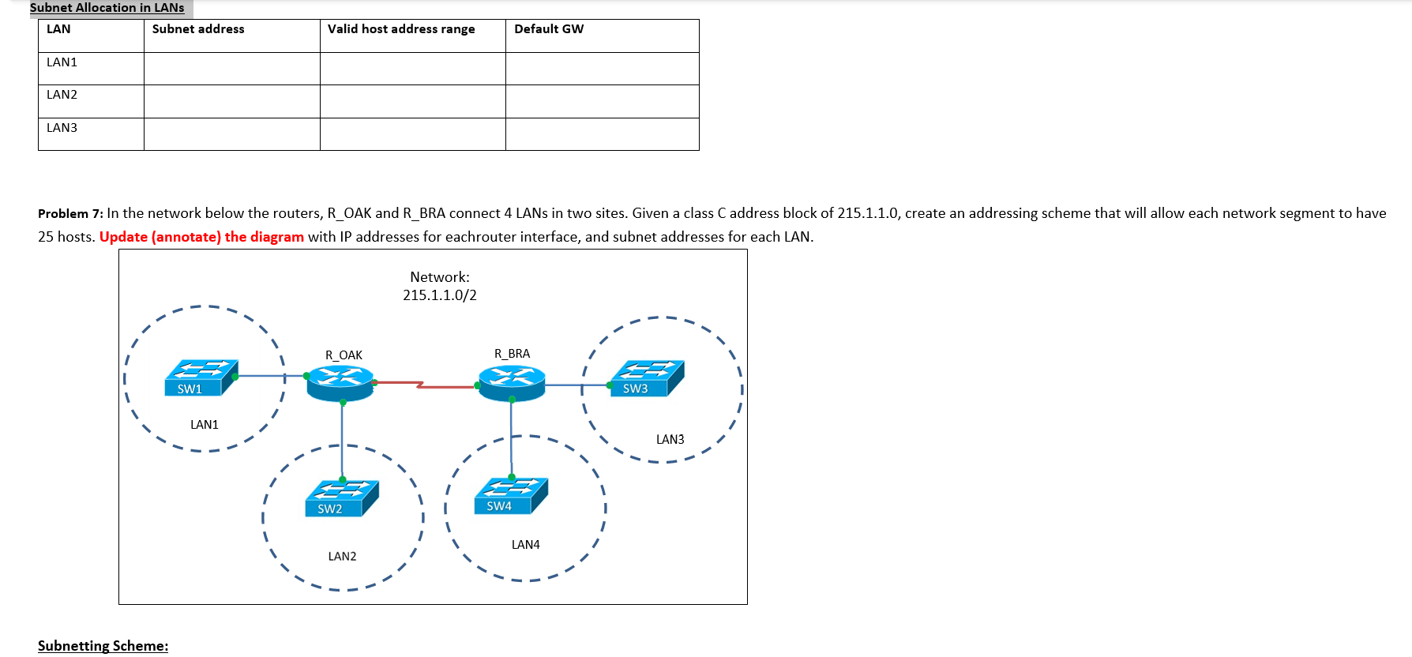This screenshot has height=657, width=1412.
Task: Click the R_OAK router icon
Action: pyautogui.click(x=340, y=382)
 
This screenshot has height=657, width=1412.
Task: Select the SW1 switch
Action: pyautogui.click(x=201, y=377)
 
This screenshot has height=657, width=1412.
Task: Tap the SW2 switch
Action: pyautogui.click(x=342, y=497)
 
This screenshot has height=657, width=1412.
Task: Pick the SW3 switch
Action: pyautogui.click(x=647, y=377)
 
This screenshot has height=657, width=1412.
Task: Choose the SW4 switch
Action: pyautogui.click(x=511, y=495)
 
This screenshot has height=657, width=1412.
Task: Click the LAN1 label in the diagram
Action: pyautogui.click(x=204, y=425)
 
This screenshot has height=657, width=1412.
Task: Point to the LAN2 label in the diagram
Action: pyautogui.click(x=342, y=557)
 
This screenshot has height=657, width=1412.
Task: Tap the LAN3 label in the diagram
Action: pyautogui.click(x=670, y=440)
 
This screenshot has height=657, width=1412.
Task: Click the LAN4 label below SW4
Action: pyautogui.click(x=525, y=545)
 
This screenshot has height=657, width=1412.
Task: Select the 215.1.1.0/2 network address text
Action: pyautogui.click(x=439, y=295)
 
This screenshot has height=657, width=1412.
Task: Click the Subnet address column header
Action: pyautogui.click(x=198, y=29)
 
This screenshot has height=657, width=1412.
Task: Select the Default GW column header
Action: pyautogui.click(x=549, y=29)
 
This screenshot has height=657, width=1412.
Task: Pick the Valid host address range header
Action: pyautogui.click(x=401, y=29)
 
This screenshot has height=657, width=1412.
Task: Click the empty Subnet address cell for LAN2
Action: pyautogui.click(x=231, y=101)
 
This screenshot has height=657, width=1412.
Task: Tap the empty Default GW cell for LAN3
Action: pyautogui.click(x=602, y=134)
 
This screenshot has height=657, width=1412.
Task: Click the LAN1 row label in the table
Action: pyautogui.click(x=62, y=62)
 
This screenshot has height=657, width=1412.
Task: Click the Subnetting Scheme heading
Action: pyautogui.click(x=103, y=646)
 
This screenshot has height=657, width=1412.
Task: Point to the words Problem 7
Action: pyautogui.click(x=70, y=214)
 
